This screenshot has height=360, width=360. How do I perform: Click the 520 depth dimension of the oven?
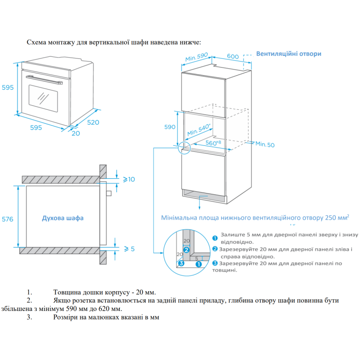93,122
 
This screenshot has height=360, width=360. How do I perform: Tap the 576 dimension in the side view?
7,220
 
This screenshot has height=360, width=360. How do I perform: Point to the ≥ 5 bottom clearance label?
129,248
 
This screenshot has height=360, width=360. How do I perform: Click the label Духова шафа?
63,218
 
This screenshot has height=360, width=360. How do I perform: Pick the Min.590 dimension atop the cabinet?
196,57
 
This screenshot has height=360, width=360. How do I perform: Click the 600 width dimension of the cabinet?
232,56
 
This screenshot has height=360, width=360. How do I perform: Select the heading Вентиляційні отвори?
288,54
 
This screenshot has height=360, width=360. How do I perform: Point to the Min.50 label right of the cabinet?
265,144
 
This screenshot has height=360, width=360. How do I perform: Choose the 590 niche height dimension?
170,127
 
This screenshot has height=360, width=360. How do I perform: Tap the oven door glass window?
44,96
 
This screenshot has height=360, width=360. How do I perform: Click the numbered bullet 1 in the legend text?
215,238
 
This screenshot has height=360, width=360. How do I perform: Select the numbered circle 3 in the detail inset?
181,264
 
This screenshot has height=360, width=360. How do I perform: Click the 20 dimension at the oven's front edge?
75,134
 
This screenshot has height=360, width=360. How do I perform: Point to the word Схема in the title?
36,42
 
